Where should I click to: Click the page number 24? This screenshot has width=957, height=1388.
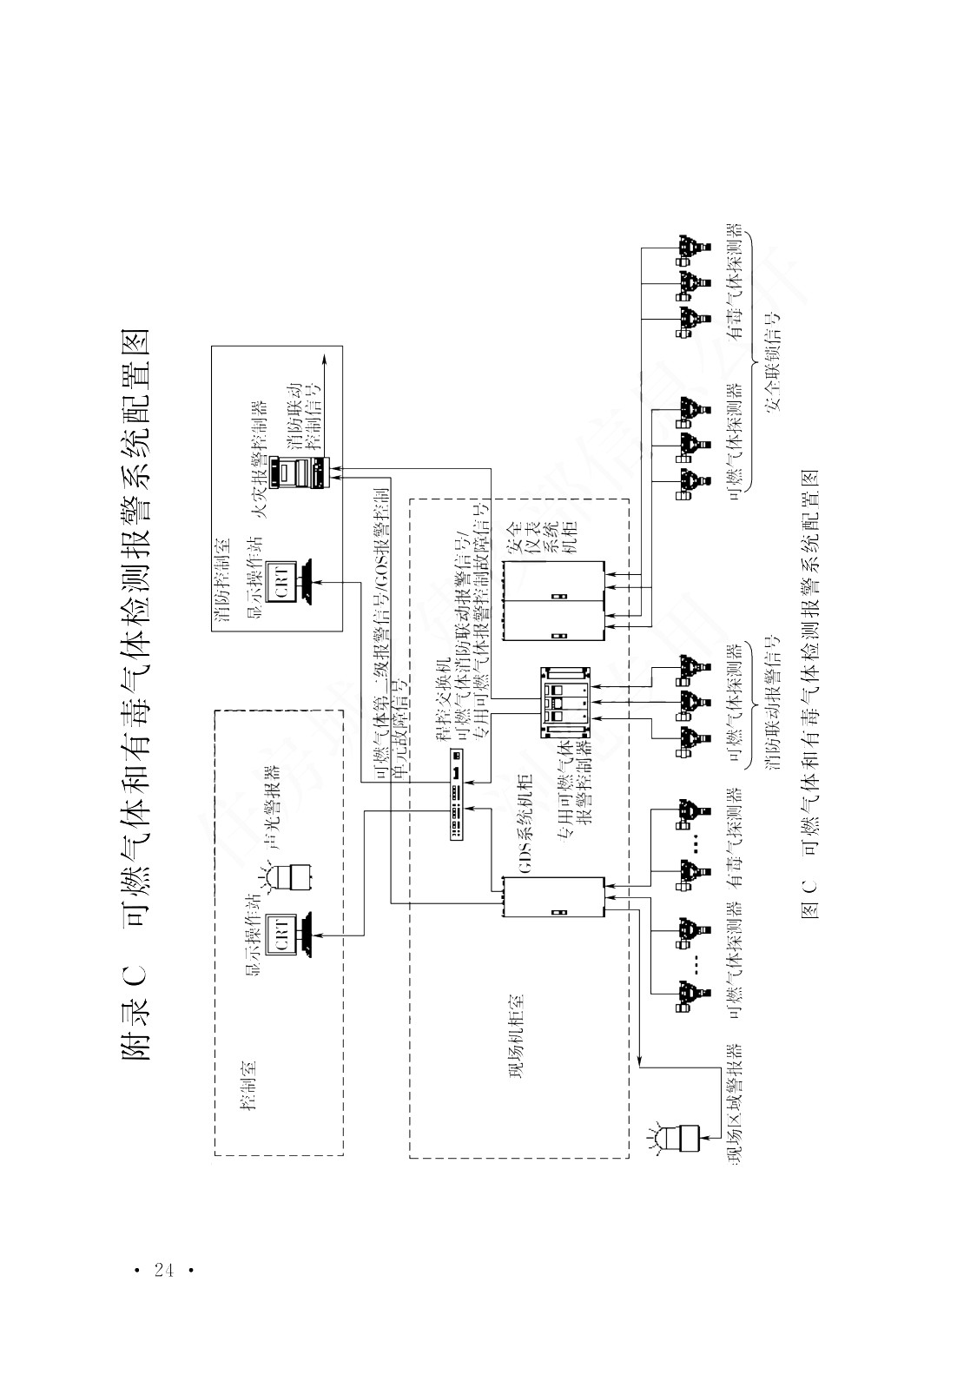pos(162,1270)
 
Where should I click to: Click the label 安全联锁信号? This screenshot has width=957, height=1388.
pos(774,360)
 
